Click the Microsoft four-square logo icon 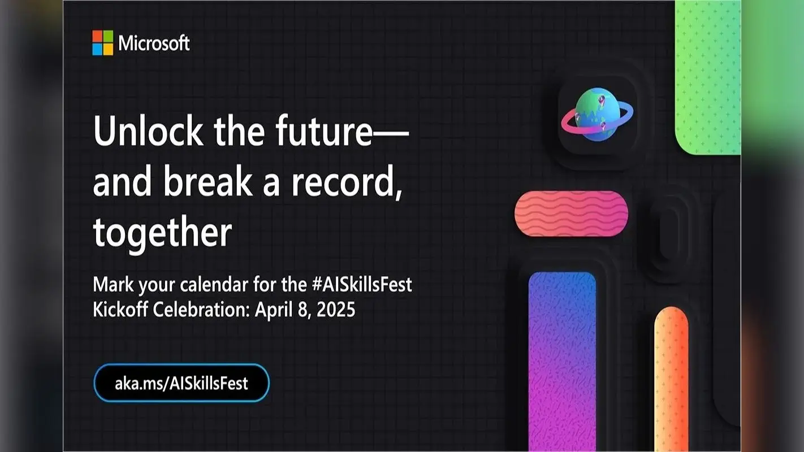(x=103, y=43)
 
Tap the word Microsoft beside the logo (x=154, y=43)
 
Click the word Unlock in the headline (x=148, y=131)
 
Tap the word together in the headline (x=162, y=233)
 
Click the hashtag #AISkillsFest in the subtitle (x=362, y=284)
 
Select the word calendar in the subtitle (x=214, y=284)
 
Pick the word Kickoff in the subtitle (x=120, y=309)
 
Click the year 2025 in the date (x=336, y=309)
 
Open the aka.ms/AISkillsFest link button (x=181, y=383)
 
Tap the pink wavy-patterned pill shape (x=572, y=214)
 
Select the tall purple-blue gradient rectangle (x=562, y=362)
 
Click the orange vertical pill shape (x=671, y=379)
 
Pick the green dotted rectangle (x=708, y=77)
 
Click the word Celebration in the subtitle (x=201, y=309)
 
